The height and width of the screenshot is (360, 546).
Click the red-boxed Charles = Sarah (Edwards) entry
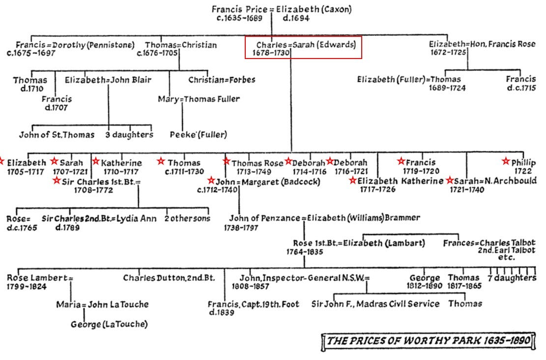pos(303,48)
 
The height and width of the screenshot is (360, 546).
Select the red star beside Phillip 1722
pos(506,161)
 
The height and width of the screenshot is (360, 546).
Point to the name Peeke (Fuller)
pos(199,134)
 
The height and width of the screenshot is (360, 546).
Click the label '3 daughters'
pos(129,134)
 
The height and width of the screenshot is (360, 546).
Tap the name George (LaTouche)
pos(109,324)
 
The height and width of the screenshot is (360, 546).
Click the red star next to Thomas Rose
pos(226,161)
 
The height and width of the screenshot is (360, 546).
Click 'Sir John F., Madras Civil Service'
pos(375,304)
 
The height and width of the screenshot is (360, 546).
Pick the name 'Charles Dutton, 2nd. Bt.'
pos(169,278)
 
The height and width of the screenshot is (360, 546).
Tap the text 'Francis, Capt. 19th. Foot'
pos(253,304)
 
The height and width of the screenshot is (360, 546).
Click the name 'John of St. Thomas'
pos(57,134)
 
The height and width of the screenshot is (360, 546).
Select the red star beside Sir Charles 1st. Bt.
pos(57,181)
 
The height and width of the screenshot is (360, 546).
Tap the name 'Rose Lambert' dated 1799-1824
pos(37,278)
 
